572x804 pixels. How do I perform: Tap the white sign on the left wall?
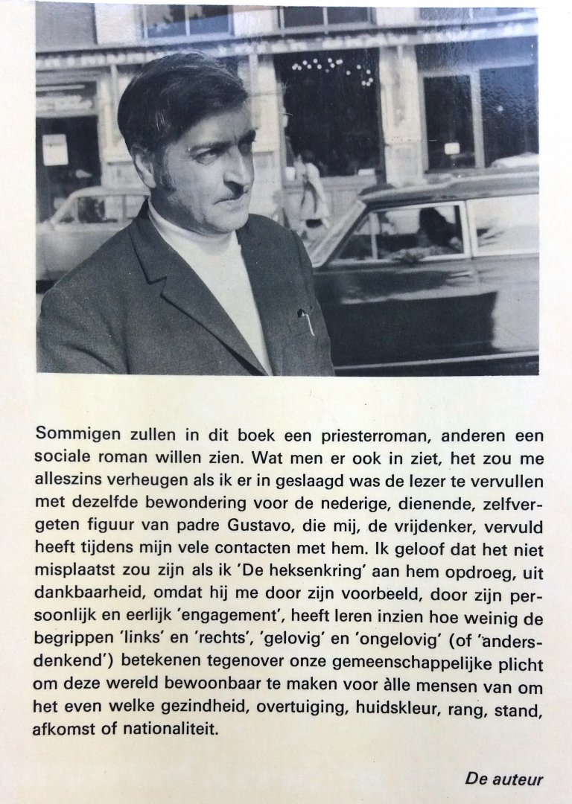click(x=54, y=148)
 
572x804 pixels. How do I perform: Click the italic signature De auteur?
click(x=504, y=779)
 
